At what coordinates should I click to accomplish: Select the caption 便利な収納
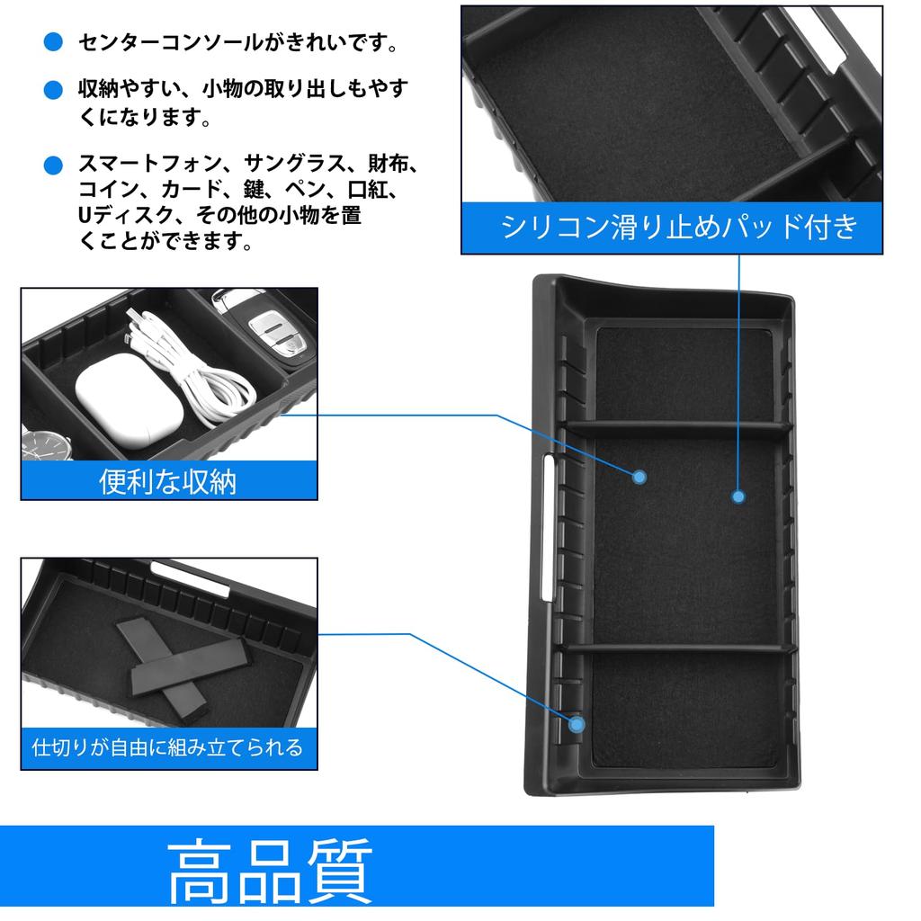point(168,481)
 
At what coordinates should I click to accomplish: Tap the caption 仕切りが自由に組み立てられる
point(167,747)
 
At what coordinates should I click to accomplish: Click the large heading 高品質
point(270,871)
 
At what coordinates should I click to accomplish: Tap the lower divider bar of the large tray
point(680,649)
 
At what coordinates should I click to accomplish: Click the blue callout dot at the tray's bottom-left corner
point(577,723)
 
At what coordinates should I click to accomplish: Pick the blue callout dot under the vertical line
point(738,496)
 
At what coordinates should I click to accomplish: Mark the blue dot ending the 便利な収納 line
point(639,477)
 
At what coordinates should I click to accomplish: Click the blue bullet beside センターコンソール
point(54,42)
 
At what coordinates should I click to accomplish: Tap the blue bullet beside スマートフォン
point(54,165)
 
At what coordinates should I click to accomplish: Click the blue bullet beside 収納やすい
point(54,89)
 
